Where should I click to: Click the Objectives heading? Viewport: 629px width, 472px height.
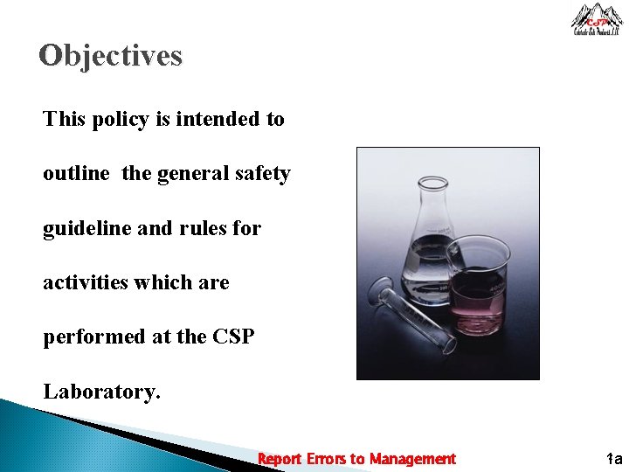[x=111, y=56]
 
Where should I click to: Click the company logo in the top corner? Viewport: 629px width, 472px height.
[x=597, y=18]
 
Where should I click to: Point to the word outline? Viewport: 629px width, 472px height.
[x=76, y=174]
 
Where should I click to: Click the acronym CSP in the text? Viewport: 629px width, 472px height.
[x=233, y=337]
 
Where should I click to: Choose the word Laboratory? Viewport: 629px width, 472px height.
[x=102, y=392]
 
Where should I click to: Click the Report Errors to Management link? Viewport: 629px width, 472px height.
[x=356, y=459]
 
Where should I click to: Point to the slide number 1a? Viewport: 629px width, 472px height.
[x=613, y=459]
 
